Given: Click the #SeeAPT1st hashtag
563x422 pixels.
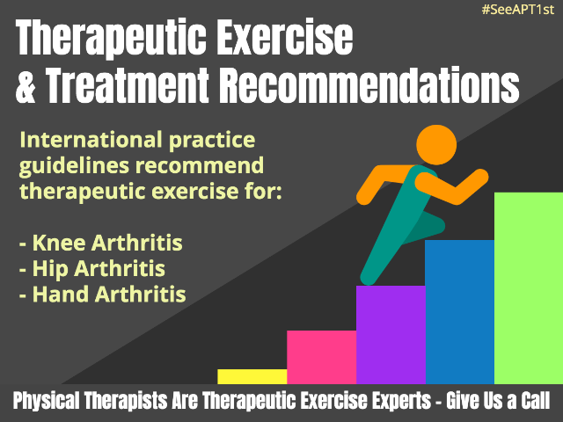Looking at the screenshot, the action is [x=518, y=10].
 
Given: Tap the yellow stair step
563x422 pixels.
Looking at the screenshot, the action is [x=252, y=376].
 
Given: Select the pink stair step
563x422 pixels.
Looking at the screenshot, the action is [x=322, y=357].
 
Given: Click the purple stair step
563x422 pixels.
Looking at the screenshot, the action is [x=391, y=335].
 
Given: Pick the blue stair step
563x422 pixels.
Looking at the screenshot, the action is [x=460, y=312].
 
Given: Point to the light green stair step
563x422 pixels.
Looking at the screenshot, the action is [x=529, y=288].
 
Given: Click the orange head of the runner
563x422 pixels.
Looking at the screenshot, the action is [x=436, y=145].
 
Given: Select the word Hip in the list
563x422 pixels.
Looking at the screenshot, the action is [x=49, y=269].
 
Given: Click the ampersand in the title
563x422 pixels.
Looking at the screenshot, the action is [x=26, y=86].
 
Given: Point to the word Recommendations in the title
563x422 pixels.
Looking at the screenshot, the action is [x=369, y=85].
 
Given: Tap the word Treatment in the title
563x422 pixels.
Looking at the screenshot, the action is [x=128, y=86].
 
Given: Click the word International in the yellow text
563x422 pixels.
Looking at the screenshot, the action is [x=91, y=140].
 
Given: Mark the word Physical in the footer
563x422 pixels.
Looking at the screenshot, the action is [x=47, y=401].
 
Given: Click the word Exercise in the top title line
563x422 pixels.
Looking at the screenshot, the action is [x=285, y=37].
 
